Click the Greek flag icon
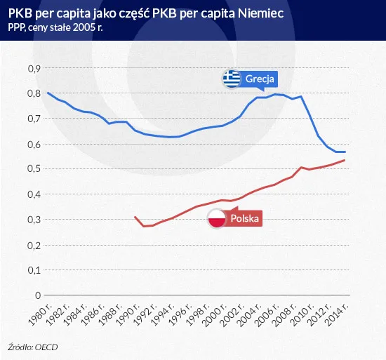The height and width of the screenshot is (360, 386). [232, 79]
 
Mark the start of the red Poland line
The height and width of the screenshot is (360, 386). [135, 217]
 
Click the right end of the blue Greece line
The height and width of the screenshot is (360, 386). [345, 152]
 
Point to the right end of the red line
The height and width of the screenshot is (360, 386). [345, 161]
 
